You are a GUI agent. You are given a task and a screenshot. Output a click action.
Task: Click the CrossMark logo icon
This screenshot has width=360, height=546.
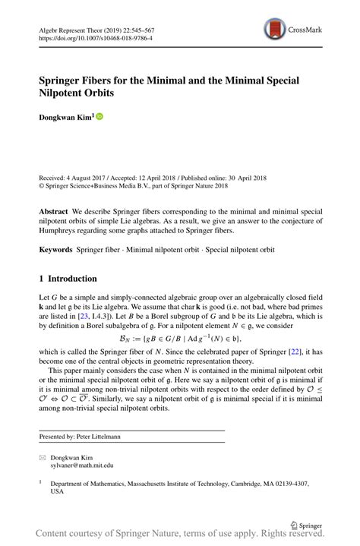(274, 30)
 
